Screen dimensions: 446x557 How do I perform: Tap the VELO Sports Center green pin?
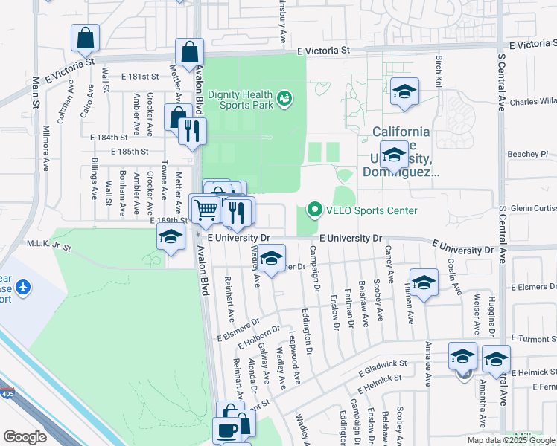click(x=313, y=210)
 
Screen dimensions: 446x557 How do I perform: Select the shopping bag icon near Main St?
click(x=86, y=37)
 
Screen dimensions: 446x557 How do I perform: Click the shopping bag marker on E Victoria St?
click(x=190, y=52)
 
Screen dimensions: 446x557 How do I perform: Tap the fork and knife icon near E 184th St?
click(x=192, y=131)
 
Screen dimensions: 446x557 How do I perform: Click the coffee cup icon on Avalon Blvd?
click(x=227, y=430)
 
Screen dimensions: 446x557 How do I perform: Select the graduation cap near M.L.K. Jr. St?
click(x=171, y=239)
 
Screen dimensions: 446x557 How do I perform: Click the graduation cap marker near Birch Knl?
click(x=404, y=91)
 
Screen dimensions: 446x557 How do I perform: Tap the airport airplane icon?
click(x=23, y=286)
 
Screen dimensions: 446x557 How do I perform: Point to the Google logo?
click(x=25, y=437)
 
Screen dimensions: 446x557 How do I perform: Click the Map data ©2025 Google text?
click(x=509, y=440)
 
